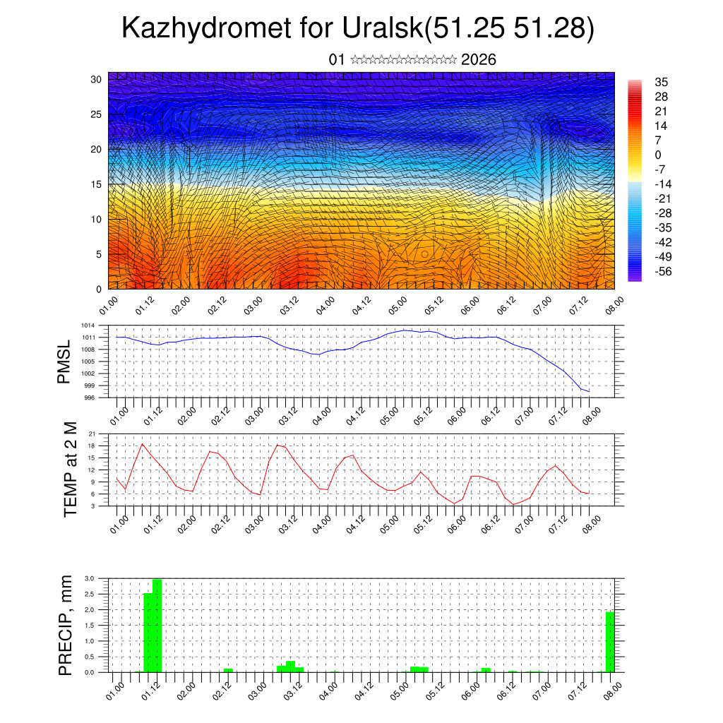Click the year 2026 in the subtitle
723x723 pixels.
click(478, 59)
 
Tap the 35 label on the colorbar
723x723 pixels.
click(661, 82)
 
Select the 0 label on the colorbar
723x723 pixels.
click(658, 155)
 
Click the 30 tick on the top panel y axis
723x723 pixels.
click(97, 79)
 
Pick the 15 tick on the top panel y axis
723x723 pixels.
click(97, 184)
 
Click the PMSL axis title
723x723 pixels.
click(64, 362)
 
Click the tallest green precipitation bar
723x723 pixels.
click(157, 626)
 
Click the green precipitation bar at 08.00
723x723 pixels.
click(609, 642)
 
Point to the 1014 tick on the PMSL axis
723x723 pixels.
click(88, 325)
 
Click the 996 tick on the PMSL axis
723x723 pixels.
click(90, 398)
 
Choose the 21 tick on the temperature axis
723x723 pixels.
click(92, 434)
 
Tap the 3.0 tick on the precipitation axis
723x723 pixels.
click(89, 578)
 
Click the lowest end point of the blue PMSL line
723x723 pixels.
click(589, 391)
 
